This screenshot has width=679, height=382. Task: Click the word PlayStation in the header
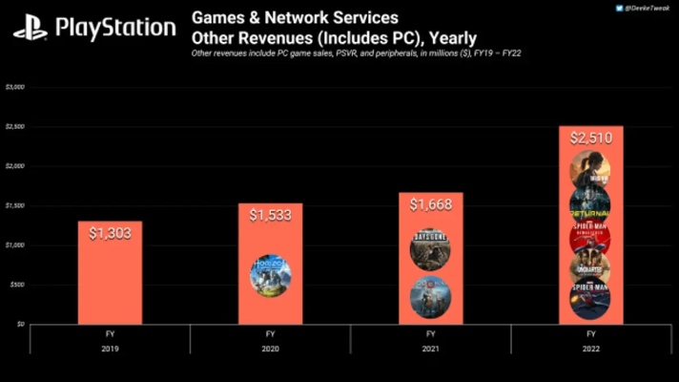pos(115,28)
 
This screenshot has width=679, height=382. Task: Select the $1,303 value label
pos(110,234)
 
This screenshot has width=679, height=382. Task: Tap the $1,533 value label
pos(270,216)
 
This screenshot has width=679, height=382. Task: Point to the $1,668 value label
pos(430,204)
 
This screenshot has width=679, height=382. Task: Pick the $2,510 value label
pos(590,138)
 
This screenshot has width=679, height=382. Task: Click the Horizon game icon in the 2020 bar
pos(270,274)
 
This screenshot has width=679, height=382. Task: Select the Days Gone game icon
pos(430,248)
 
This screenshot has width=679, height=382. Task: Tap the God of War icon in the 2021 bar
pos(430,295)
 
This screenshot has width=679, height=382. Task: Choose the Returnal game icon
pos(590,204)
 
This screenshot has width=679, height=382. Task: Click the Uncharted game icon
pos(590,268)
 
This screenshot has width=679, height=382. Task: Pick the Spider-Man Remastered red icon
pos(590,236)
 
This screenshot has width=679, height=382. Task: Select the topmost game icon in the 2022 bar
pos(590,171)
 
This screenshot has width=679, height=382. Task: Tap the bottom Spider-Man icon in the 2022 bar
pos(590,298)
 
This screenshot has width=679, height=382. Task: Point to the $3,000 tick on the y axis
pos(15,87)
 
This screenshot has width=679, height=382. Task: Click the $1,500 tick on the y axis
pos(15,205)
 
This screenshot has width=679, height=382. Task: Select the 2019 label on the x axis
pos(110,349)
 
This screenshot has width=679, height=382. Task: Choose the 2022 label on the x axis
pos(590,349)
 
